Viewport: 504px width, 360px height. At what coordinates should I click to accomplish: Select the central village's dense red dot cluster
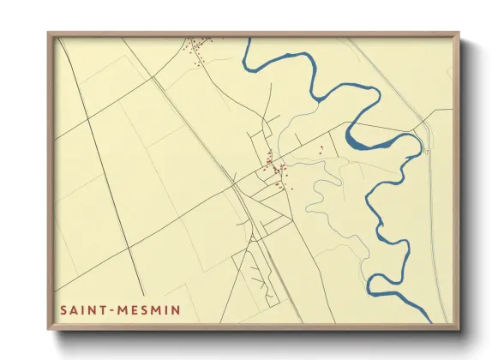[276, 168]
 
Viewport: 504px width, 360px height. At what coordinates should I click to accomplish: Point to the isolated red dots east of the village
[321, 150]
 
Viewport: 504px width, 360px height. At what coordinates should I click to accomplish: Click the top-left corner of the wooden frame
[50, 34]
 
